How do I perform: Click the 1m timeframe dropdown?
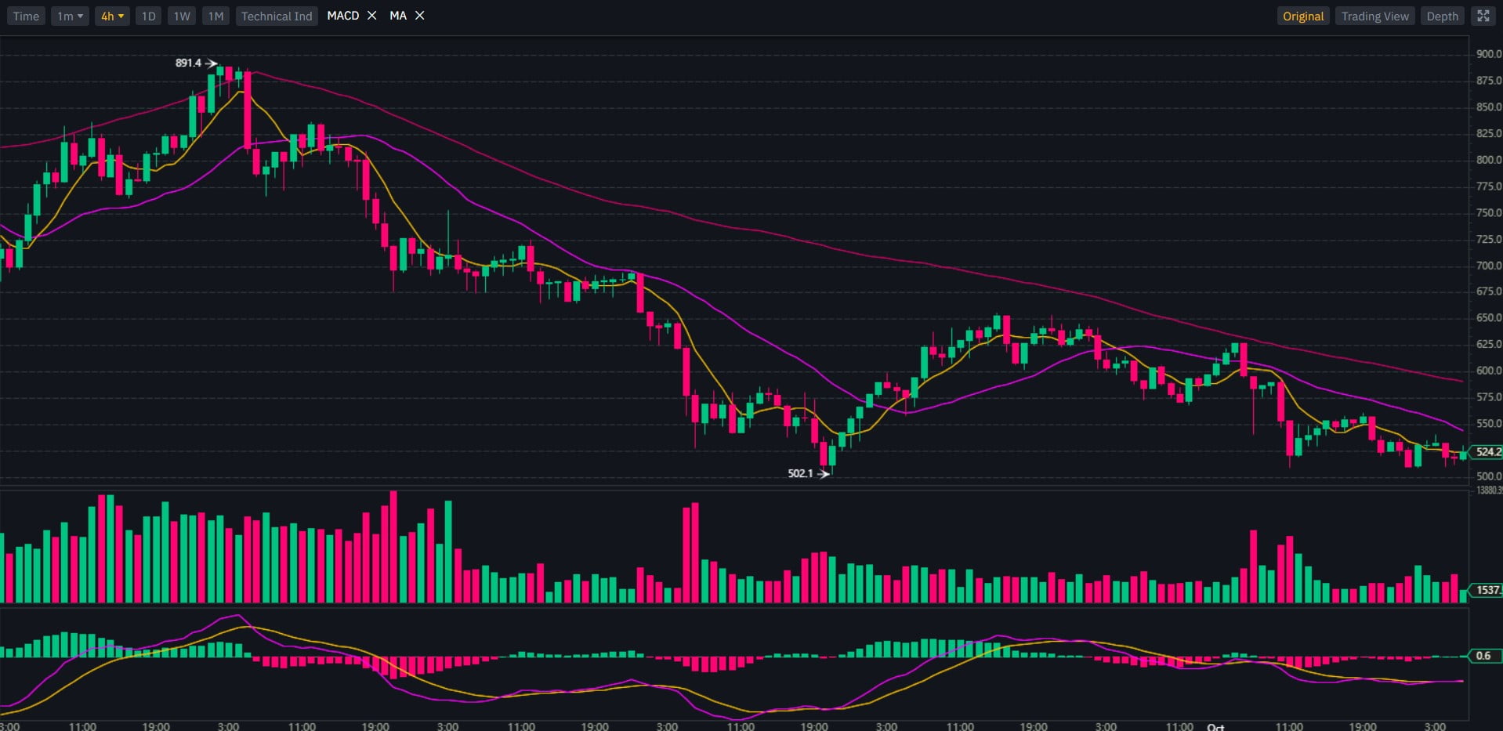(70, 16)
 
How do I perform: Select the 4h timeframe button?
(112, 16)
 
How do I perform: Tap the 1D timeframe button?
(148, 16)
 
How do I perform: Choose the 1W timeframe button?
(182, 16)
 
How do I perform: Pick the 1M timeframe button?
(215, 16)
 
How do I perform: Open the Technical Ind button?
(277, 16)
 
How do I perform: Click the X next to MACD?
(372, 16)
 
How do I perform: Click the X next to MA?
(420, 16)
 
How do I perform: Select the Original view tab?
(1303, 16)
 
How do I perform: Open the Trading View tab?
(1374, 16)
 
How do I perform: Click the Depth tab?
(1442, 16)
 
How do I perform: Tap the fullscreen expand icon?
(1483, 16)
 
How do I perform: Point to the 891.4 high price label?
(188, 63)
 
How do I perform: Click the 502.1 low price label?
(800, 473)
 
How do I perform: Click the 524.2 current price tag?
(1487, 451)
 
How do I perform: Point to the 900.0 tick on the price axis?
(1488, 54)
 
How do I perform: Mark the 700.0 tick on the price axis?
(1488, 266)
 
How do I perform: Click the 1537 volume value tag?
(1487, 590)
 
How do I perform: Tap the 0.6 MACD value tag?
(1483, 656)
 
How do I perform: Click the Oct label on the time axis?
(1215, 726)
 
